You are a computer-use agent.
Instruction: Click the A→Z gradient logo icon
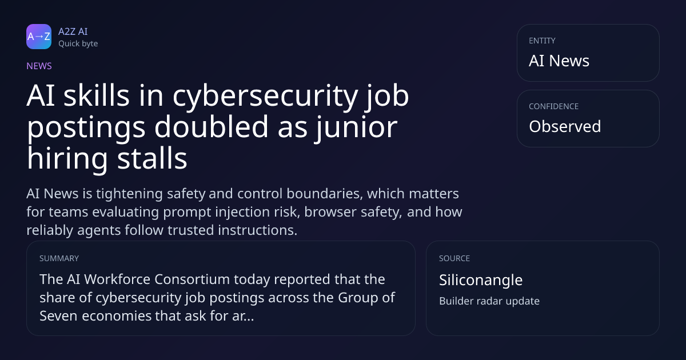pyautogui.click(x=39, y=37)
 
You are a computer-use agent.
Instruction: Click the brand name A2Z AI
pyautogui.click(x=73, y=31)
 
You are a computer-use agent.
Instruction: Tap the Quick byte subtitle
pyautogui.click(x=78, y=44)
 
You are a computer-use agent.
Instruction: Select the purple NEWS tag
pyautogui.click(x=39, y=66)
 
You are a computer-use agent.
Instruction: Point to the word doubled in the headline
pyautogui.click(x=212, y=126)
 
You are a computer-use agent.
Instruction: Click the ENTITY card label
pyautogui.click(x=542, y=41)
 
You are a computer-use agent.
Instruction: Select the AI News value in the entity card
pyautogui.click(x=559, y=61)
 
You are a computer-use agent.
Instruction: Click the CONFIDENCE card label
pyautogui.click(x=554, y=106)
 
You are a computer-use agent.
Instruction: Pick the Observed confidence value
pyautogui.click(x=565, y=126)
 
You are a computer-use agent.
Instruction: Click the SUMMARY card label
pyautogui.click(x=59, y=258)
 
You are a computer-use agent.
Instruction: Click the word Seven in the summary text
pyautogui.click(x=58, y=316)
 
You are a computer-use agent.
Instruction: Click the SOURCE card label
pyautogui.click(x=454, y=258)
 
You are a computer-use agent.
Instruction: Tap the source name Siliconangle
pyautogui.click(x=481, y=280)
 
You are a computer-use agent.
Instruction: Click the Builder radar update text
pyautogui.click(x=489, y=301)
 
